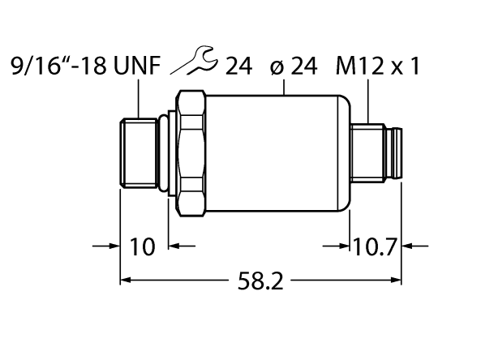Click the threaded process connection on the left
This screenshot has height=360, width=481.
139,152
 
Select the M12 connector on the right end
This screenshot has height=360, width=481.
376,152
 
